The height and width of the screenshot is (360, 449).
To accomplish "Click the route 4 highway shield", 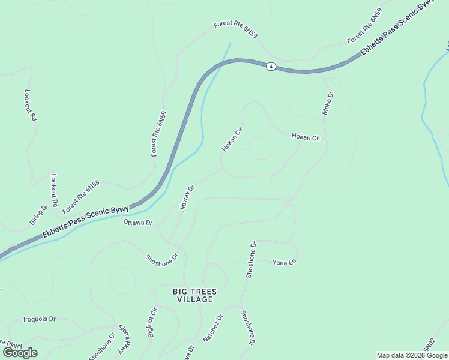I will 271,67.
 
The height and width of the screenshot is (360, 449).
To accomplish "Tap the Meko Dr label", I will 328,103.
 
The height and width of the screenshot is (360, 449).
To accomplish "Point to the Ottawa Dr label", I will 138,223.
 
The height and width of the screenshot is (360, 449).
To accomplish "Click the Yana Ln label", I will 285,262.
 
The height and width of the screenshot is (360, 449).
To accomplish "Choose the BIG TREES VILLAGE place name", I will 193,295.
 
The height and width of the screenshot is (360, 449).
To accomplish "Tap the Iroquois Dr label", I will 40,319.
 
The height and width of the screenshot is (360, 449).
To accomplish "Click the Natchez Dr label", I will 212,328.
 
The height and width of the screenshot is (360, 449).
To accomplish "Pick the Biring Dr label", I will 38,215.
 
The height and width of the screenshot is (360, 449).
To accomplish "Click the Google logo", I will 20,353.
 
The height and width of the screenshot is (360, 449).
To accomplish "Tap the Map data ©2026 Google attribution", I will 412,355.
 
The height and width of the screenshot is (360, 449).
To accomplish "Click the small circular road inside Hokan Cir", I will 261,148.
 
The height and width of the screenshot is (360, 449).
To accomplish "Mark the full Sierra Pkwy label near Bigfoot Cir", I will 125,339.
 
